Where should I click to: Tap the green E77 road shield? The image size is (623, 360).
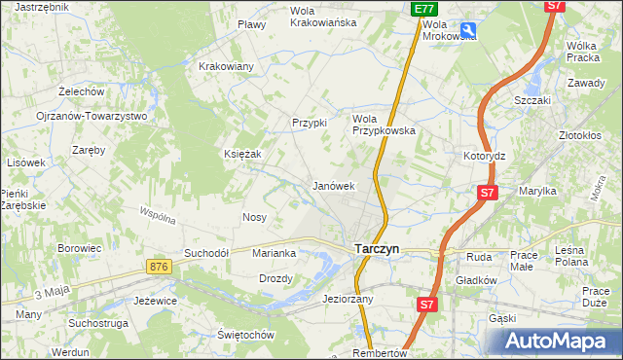422,9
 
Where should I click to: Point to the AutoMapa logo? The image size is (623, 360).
559,342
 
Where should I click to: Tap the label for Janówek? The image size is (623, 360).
332,185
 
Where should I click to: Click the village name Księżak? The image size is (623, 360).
243,154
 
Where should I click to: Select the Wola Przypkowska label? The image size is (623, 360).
384,124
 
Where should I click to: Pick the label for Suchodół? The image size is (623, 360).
206,253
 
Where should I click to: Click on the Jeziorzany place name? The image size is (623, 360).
348,299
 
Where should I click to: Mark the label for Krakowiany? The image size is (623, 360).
226,66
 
